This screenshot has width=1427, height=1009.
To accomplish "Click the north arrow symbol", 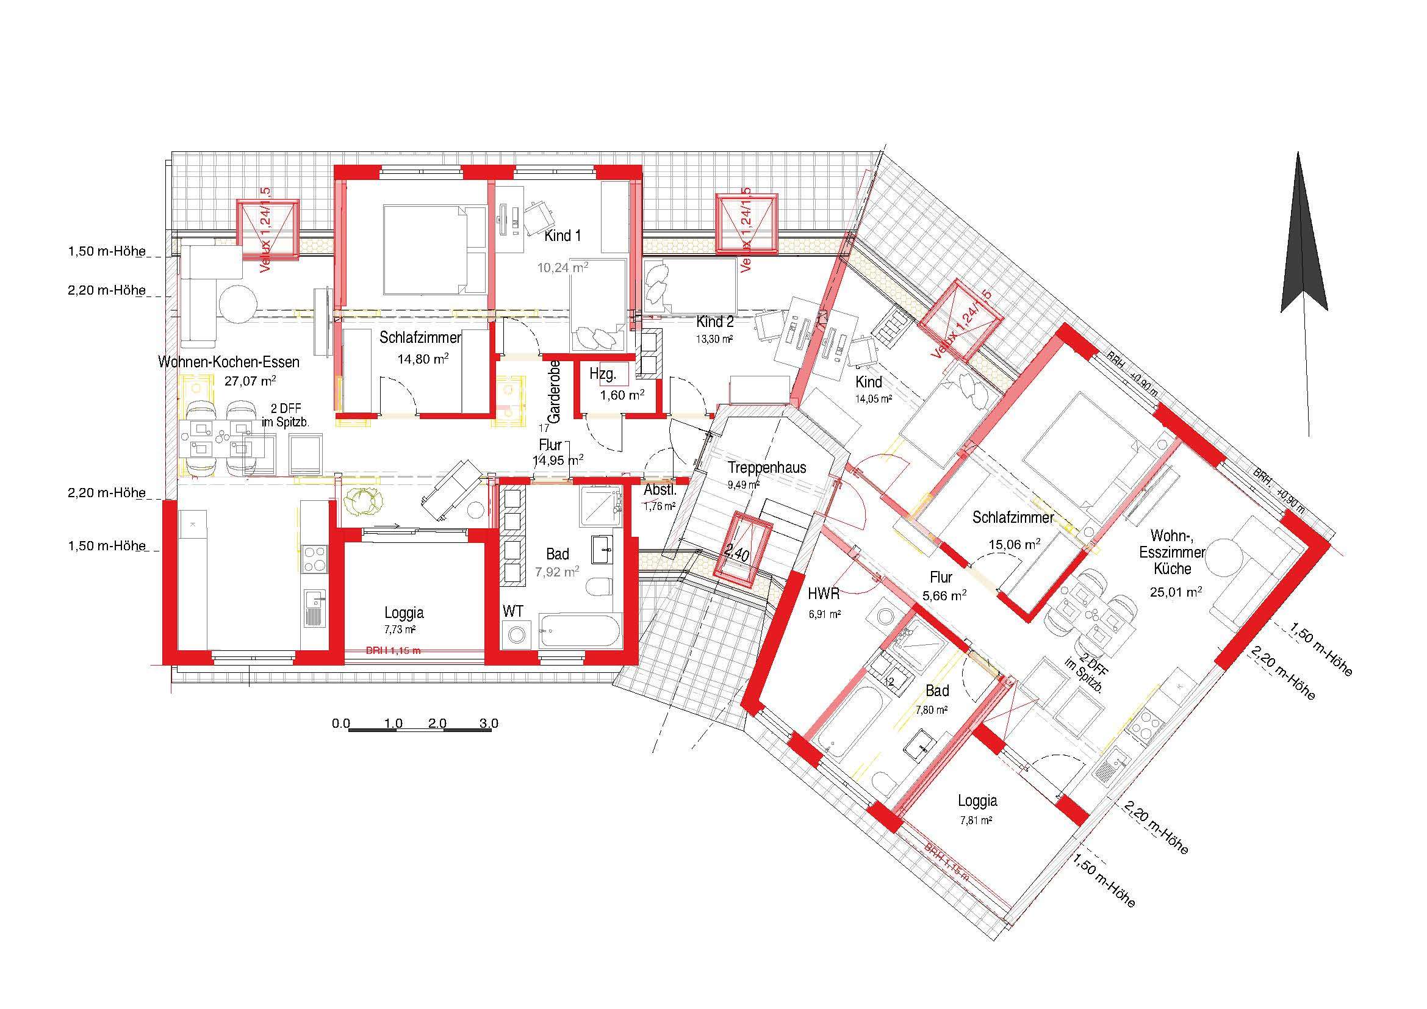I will coord(1303,248).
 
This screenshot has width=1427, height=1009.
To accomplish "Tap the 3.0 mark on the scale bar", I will coord(489,724).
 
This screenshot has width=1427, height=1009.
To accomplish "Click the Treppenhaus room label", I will coord(767,468).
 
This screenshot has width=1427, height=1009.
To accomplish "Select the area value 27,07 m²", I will coord(251,381).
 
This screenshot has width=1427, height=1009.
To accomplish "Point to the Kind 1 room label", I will coord(563,236).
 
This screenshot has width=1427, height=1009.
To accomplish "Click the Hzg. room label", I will coord(602,374).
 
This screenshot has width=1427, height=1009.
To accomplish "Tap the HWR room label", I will coord(824,594).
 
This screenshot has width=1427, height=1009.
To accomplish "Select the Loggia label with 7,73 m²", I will coord(404,612).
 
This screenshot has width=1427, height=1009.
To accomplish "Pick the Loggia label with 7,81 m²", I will coord(977,801).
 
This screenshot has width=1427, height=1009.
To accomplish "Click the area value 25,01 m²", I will coord(1175,592).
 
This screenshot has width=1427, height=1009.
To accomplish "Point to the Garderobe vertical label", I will coord(555,392).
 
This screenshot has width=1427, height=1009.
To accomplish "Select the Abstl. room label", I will coord(660,490).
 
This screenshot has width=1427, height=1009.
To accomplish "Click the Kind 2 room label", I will coord(715,322).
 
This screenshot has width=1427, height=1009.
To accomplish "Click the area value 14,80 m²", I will coord(423,359).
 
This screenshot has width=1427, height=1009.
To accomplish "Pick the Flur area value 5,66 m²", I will coord(944,595).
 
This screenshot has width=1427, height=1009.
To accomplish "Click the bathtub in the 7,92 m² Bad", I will coord(579,632).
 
